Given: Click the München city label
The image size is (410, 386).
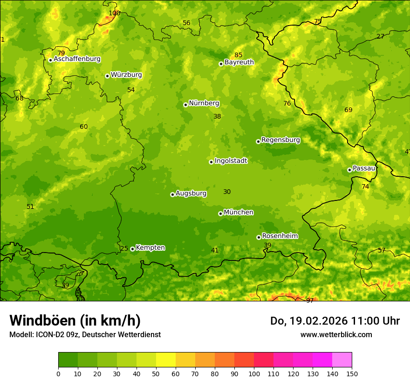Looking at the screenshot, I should pos(239,213).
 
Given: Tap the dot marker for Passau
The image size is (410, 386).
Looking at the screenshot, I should pos(349,170).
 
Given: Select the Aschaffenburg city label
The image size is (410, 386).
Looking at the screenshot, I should pos(77,59).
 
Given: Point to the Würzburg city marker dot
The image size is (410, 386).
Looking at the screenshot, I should pos(107,76).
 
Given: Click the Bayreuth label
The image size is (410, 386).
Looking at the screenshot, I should pos(239,62).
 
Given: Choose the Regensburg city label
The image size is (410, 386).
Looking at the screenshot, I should pos(280,140).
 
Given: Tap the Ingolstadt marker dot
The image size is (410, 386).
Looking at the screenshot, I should pos(211,162).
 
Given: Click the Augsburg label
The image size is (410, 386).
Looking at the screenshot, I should pos(191,193).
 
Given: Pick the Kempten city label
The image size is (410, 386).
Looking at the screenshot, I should pos(150,248).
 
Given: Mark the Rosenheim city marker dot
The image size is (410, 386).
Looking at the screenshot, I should pos(259,237).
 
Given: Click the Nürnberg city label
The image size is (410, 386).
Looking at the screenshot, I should pos(204,103).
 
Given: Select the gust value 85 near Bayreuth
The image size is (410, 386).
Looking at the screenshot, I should pos(239,55).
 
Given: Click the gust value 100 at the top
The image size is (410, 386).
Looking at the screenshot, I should pos(114,13).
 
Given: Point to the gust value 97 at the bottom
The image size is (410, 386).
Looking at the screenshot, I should pos(310,300).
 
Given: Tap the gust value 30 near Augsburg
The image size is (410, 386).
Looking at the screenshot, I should pos(227,192).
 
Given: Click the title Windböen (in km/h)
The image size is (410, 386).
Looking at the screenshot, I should pos(75,320).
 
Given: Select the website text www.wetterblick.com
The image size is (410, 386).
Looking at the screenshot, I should pos(336,334).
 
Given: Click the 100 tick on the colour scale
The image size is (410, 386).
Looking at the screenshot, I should pos(254,374).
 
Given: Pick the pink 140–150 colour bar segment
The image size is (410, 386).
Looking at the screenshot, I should pos(342,360).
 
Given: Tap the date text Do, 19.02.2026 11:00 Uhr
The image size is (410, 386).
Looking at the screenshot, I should pos(335,321).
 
